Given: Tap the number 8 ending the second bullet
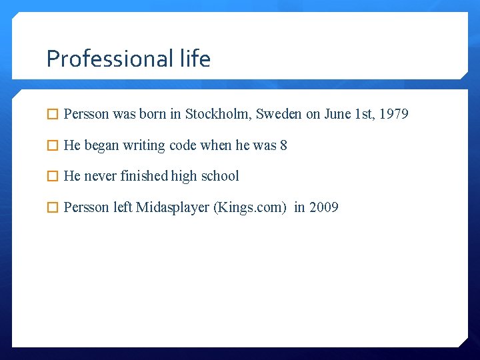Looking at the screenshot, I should point(283,145).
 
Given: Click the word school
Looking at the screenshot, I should point(220,176).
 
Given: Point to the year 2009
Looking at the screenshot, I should point(324,207).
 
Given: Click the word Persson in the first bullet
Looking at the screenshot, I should point(87,114).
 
